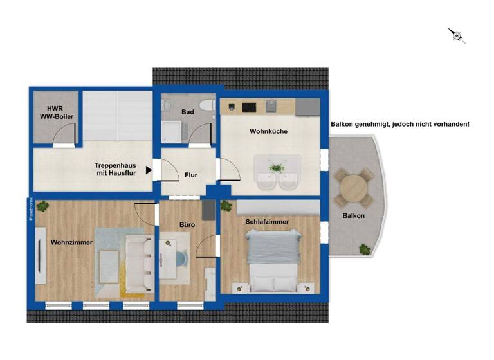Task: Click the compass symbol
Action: (457, 35)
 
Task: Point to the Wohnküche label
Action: (268, 131)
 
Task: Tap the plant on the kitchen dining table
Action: (277, 168)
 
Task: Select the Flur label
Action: (190, 174)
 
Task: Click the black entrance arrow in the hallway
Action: (149, 170)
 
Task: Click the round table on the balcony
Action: (352, 187)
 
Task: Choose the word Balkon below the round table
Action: (353, 216)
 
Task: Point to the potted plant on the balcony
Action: (365, 249)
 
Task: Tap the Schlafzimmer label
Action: (266, 222)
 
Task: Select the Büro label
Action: (187, 226)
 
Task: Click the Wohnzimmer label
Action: (72, 242)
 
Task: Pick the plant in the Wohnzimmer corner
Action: (42, 206)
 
